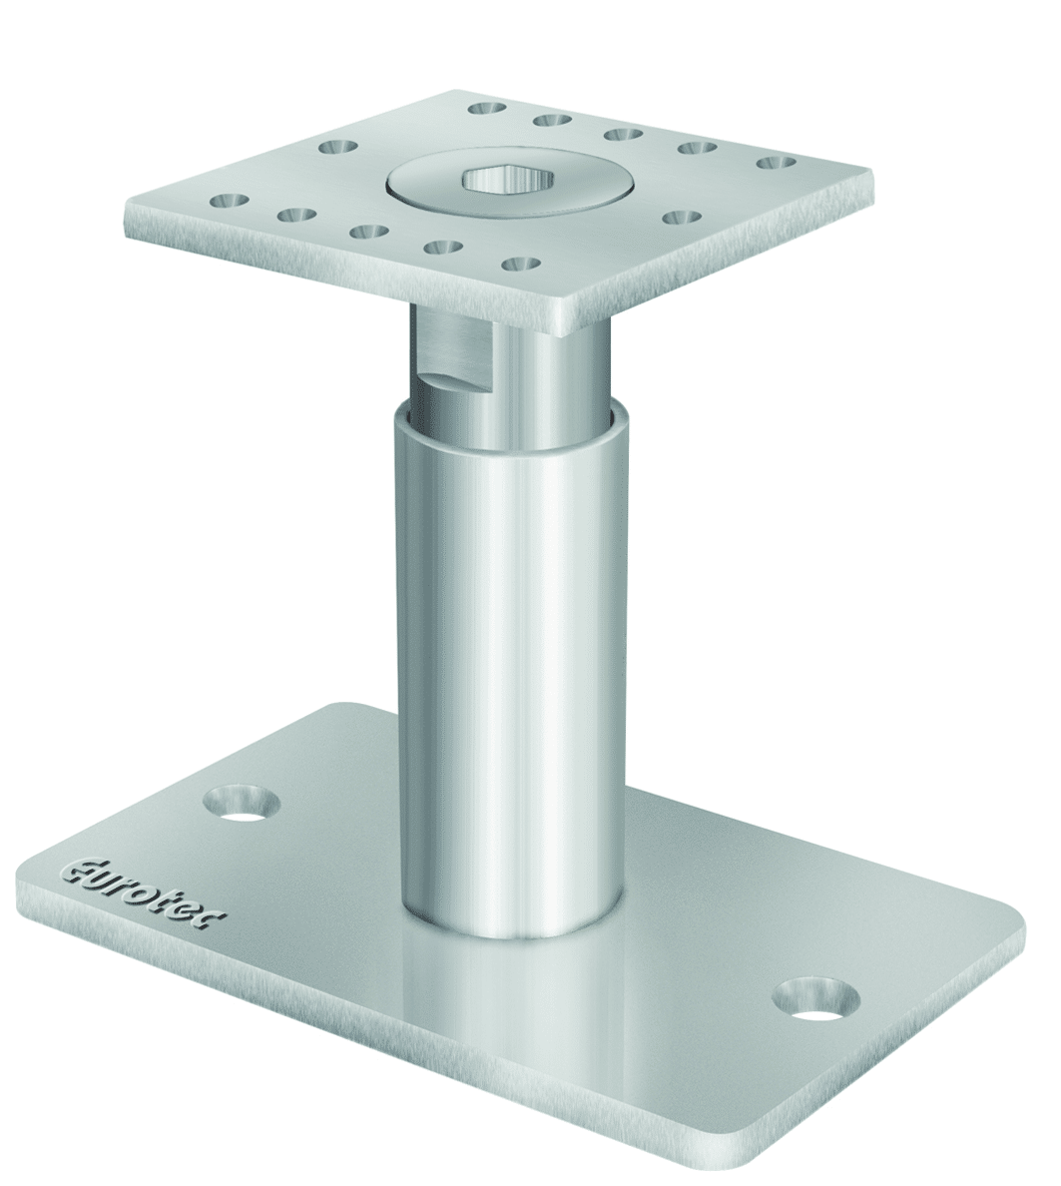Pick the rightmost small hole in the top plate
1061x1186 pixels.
coord(776,163)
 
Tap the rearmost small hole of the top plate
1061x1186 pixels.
coord(487,108)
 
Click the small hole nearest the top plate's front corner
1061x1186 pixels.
coord(522,264)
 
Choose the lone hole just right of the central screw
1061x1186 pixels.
coord(683,217)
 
